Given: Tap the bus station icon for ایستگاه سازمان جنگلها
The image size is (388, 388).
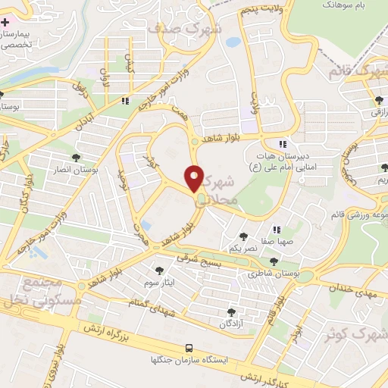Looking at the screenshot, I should coord(189,348).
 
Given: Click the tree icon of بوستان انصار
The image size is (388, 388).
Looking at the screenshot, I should coord(76,158).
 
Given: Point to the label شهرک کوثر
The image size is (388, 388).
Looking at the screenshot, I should coord(358,333).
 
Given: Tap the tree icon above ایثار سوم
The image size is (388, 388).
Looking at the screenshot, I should coord(159,270).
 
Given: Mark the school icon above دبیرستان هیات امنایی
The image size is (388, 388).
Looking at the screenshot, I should coord(283,144).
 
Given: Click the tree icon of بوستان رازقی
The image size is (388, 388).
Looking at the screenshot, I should coord(377,99).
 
